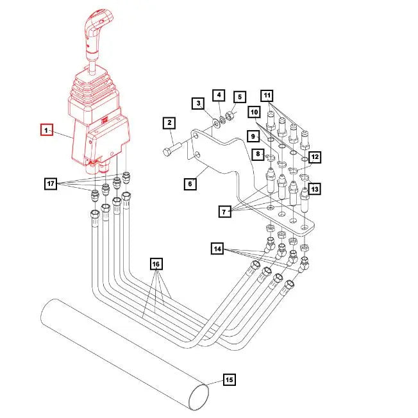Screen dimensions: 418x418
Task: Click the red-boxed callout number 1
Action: point(46,130)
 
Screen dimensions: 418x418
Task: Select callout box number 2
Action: point(169,122)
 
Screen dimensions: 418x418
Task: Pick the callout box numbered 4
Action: point(219,95)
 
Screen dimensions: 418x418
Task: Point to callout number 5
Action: point(240,97)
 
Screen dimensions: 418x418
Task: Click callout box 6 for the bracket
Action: point(190,184)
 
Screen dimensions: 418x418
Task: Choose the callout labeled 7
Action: point(224,210)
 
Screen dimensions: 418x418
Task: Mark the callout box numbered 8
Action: point(257,154)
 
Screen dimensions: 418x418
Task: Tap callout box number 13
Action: point(315,189)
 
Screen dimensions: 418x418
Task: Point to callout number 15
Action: point(228,380)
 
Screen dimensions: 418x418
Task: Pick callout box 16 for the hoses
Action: point(155,263)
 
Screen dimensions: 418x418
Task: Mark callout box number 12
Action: point(314,156)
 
